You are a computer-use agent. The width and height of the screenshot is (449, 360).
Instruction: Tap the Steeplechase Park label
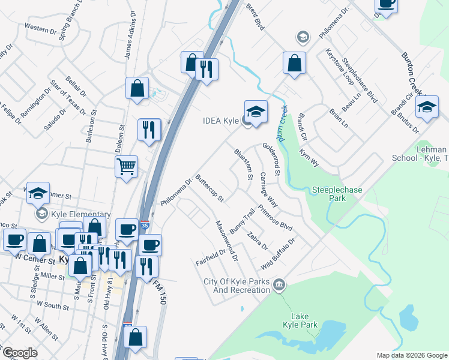pyautogui.click(x=337, y=194)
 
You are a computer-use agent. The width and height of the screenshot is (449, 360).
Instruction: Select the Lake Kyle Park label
pyautogui.click(x=300, y=320)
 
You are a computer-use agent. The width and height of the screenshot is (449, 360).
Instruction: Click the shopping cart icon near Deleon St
pyautogui.click(x=127, y=167)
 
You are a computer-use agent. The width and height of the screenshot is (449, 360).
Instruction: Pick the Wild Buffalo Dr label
pyautogui.click(x=279, y=254)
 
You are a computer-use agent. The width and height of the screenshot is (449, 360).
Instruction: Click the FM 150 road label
pyautogui.click(x=159, y=287)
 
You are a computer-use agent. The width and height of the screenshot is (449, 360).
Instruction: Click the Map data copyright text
pyautogui.click(x=412, y=355)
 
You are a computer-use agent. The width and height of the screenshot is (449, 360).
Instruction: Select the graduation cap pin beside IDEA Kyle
pyautogui.click(x=256, y=112)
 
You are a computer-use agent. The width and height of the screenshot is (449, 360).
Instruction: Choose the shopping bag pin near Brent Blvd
pyautogui.click(x=294, y=64)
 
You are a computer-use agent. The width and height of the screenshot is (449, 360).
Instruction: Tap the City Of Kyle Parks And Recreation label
pyautogui.click(x=237, y=286)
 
